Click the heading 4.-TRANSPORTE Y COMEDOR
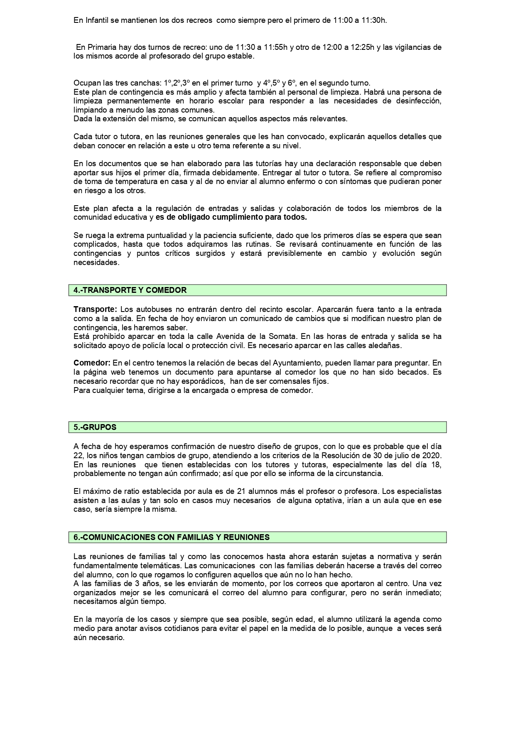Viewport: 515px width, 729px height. [130, 290]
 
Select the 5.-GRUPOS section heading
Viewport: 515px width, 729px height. [95, 427]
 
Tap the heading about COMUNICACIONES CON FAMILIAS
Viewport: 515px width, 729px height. [172, 537]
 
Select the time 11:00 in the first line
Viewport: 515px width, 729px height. [343, 20]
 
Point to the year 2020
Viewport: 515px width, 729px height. [432, 456]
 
